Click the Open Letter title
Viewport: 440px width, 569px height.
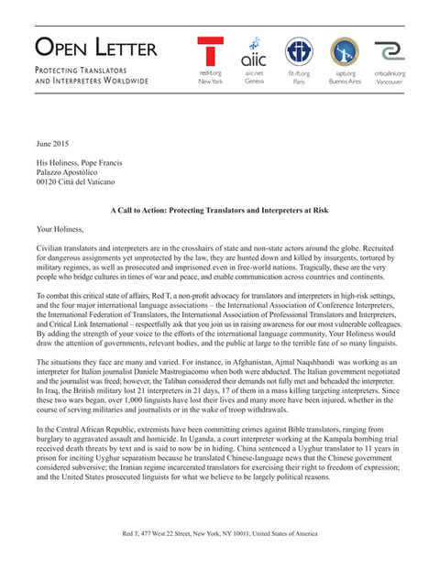coord(96,48)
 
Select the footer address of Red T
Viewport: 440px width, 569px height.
coord(219,532)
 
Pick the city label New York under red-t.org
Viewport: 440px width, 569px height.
coord(211,82)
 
